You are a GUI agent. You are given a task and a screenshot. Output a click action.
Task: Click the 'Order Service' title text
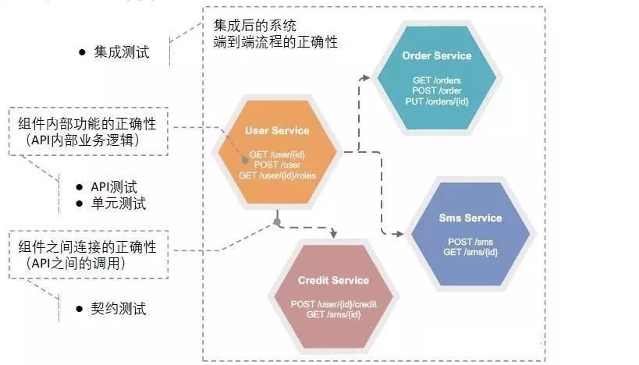(x=437, y=56)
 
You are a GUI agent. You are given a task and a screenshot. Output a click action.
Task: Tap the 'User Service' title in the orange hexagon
(x=277, y=131)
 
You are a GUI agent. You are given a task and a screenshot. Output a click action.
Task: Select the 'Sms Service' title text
(x=470, y=218)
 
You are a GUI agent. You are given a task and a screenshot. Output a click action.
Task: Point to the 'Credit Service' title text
(x=333, y=280)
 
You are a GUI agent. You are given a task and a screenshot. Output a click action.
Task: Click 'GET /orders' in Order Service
(x=437, y=80)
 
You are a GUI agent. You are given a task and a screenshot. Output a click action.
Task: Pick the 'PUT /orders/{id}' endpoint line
(x=437, y=102)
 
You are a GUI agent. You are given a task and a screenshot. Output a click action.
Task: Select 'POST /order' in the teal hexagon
(x=437, y=91)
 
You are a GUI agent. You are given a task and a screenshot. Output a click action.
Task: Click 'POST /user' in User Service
(x=277, y=165)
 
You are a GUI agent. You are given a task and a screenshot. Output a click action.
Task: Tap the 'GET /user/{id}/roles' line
(x=277, y=175)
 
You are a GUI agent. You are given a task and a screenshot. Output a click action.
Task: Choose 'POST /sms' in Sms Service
(x=470, y=242)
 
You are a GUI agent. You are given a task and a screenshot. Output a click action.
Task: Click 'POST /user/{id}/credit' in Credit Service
(x=333, y=303)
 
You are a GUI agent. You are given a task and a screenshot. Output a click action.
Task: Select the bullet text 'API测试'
(x=114, y=187)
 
